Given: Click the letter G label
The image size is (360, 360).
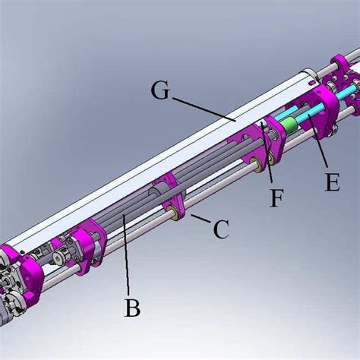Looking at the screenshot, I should coord(160,91).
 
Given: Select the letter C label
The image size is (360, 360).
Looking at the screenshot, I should coord(220,229).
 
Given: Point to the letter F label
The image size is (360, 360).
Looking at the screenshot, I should coord(278,199).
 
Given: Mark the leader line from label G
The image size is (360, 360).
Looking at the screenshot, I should coord(205,109).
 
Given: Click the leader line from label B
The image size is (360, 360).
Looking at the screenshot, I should coord(128,258).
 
